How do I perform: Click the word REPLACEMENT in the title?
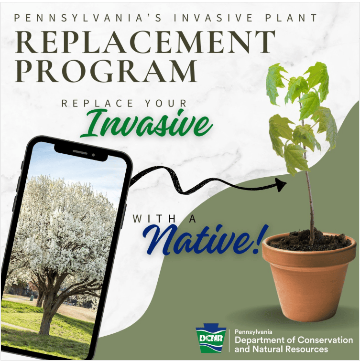pyautogui.click(x=145, y=42)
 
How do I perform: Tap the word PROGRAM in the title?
pyautogui.click(x=106, y=71)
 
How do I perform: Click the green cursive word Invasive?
pyautogui.click(x=146, y=124)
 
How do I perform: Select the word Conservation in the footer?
pyautogui.click(x=325, y=340)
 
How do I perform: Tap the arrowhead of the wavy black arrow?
pyautogui.click(x=281, y=184)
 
